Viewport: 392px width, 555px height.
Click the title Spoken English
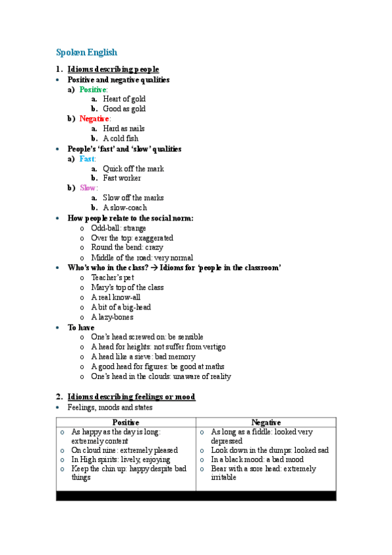[x=86, y=52]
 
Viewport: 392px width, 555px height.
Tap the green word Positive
[x=93, y=89]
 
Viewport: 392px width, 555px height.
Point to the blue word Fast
[x=87, y=158]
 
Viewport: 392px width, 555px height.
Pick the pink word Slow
[x=88, y=188]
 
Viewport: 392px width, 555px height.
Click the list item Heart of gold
[x=124, y=99]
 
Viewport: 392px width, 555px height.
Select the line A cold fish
[x=120, y=139]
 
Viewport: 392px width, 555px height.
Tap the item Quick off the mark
[x=134, y=168]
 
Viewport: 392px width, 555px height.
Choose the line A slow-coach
[x=125, y=207]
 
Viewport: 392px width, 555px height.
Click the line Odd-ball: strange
[x=118, y=228]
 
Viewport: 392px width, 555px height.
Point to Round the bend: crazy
[x=127, y=247]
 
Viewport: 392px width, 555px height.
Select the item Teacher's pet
[x=113, y=277]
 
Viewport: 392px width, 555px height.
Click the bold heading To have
[x=81, y=327]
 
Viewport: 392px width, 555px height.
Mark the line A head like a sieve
[x=143, y=357]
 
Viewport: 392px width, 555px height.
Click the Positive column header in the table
[x=126, y=423]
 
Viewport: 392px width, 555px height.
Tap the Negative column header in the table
[x=266, y=423]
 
